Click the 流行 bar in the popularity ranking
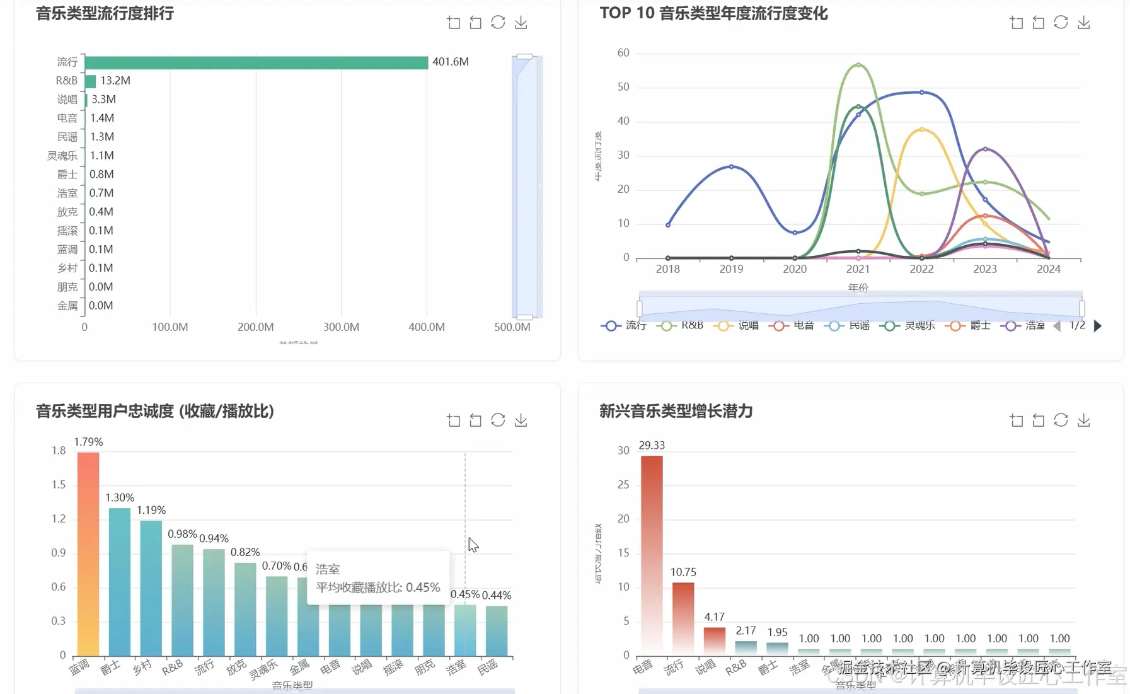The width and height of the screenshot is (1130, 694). pos(256,62)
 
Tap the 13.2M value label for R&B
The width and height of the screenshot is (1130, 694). pos(115,81)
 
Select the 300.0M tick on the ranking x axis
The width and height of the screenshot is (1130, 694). pos(341,327)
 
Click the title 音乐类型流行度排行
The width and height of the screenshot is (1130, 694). pos(105,13)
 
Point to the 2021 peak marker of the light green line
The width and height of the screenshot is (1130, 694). pos(858,65)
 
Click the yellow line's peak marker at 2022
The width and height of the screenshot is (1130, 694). pos(921,129)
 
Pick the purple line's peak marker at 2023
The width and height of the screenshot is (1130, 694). pos(985,149)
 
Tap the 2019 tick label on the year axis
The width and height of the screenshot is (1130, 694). pos(731,269)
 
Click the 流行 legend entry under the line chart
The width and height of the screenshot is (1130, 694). pos(623,325)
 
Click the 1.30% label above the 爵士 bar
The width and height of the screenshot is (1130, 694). pos(120,498)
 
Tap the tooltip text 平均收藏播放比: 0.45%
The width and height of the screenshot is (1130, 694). pos(378,587)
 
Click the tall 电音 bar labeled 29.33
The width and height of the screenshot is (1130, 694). pos(652,555)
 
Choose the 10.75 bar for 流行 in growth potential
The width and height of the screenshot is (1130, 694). pos(683,618)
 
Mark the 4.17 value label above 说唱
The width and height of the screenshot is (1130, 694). pos(714,617)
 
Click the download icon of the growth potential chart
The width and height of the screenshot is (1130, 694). pos(1084,420)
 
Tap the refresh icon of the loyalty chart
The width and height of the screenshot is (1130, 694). pos(498,420)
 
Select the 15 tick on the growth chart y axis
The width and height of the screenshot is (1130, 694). pos(623,553)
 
